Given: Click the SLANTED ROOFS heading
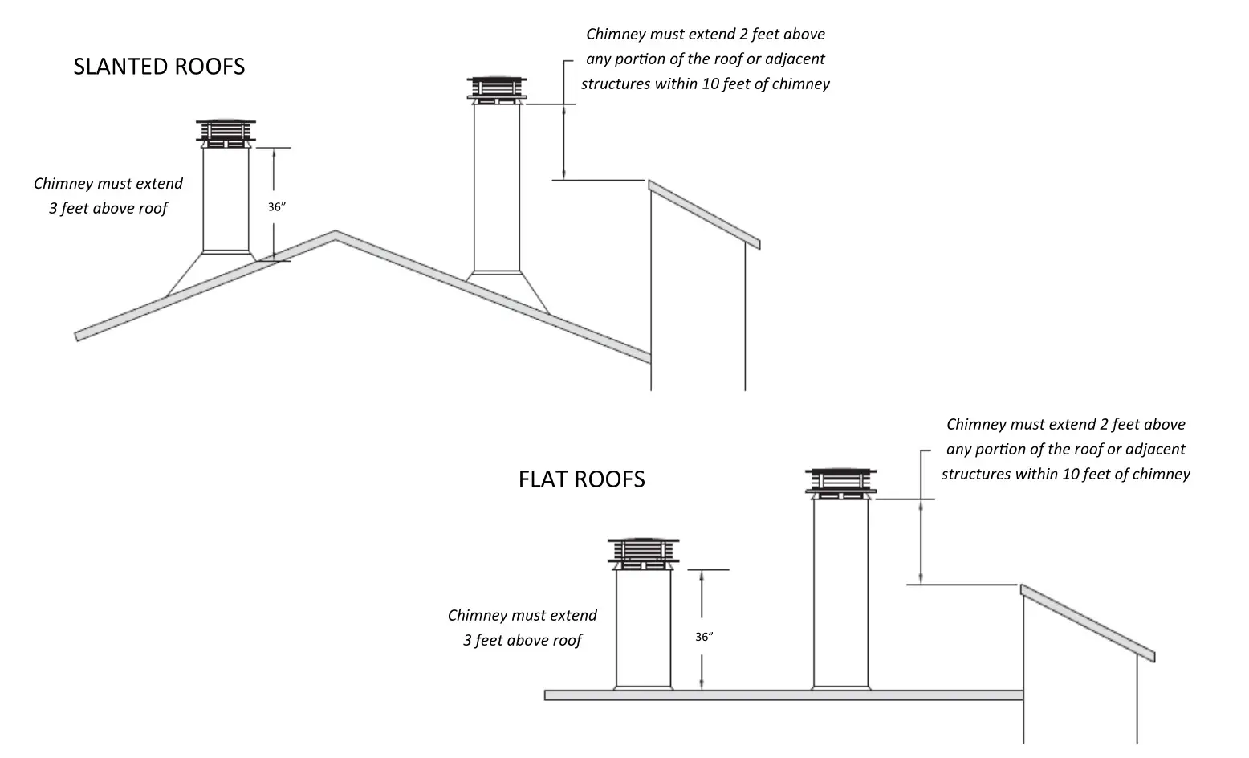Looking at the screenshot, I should pos(159,67).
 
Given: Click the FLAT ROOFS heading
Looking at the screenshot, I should pos(581,479).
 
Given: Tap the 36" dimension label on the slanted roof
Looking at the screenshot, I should pos(277,207).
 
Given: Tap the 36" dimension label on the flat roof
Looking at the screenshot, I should pos(704,637).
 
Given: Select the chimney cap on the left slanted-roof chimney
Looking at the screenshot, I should pos(226,134).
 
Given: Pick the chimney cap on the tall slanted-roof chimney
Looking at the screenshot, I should pos(497,90).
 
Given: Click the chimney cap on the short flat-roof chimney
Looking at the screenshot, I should pos(643,553).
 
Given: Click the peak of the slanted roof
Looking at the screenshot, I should pos(335,234).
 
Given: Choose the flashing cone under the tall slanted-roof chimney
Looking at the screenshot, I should pos(507,289).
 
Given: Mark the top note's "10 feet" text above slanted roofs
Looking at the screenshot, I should pos(728,84).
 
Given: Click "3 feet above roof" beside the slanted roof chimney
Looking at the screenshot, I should pos(108,209).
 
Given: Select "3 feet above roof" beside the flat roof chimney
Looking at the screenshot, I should pos(523,641).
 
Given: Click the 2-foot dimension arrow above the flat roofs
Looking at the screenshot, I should pos(921,541).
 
